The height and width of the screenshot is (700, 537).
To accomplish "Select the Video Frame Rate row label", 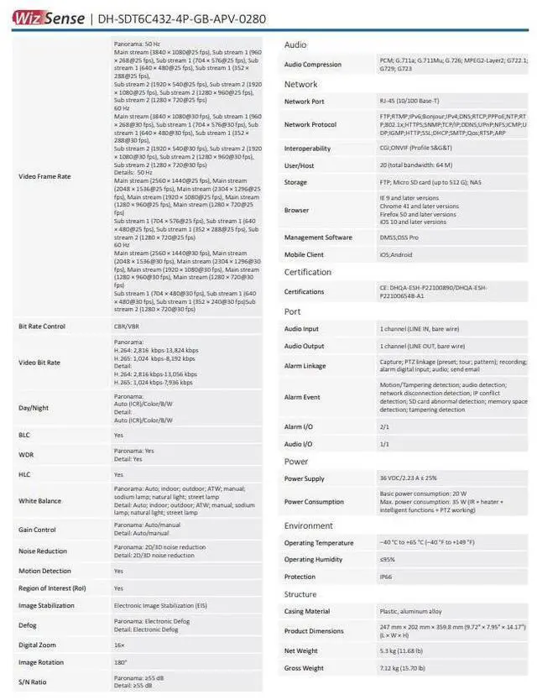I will coord(44,176).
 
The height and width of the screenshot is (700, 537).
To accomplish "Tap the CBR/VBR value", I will coord(125,326).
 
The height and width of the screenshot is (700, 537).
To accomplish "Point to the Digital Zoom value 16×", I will coord(119,645).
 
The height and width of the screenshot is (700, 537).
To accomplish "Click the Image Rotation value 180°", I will coord(120,662).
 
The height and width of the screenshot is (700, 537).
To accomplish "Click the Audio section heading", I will coord(295,44).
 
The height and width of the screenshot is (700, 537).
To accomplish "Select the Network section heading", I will coord(300,84).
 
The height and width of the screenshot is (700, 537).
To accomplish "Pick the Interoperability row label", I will coord(307,149).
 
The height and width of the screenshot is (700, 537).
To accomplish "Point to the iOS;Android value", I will coord(396,254).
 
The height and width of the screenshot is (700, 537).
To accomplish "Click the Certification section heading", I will coord(308,272).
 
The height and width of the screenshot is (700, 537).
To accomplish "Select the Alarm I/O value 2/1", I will coord(384,427).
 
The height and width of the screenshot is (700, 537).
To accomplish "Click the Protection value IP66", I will coord(386,577).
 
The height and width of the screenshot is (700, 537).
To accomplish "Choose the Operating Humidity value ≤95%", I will coord(387,559).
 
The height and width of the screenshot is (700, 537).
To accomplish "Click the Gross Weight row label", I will coord(304,668).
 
